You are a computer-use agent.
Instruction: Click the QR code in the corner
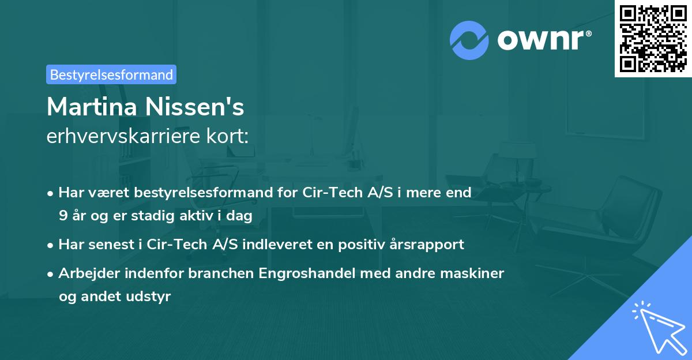tap(653, 38)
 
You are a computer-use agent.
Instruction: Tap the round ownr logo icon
tap(469, 40)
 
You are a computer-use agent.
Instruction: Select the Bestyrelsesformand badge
tap(111, 74)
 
